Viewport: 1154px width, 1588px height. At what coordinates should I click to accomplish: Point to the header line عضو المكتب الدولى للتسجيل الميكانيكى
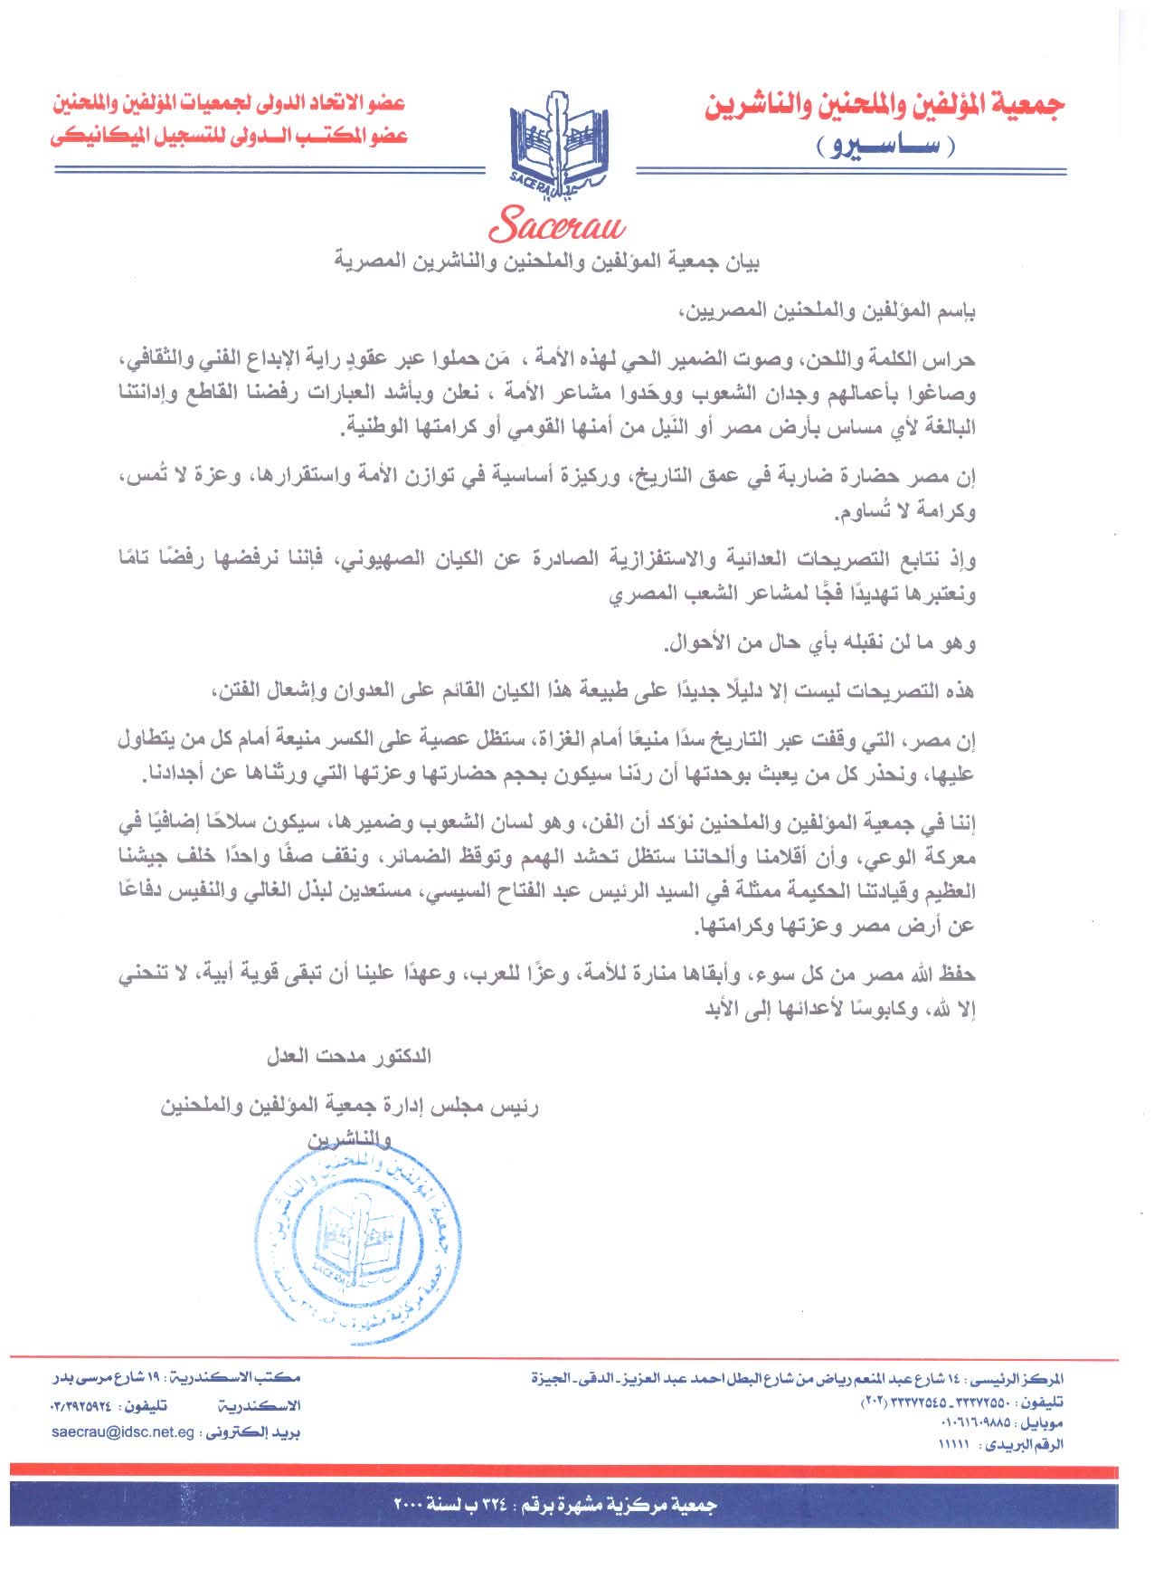coord(229,136)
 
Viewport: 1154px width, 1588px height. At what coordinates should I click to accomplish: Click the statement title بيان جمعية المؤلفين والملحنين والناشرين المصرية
coord(546,263)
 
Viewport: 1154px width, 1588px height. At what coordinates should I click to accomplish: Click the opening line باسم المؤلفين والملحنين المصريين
coord(828,312)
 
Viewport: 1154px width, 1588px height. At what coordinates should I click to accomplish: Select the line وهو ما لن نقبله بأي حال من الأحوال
coord(819,644)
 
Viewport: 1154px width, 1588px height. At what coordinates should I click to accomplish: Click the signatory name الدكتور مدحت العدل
coord(348,1056)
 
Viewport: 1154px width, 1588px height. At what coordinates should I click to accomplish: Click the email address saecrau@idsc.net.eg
coord(123,1432)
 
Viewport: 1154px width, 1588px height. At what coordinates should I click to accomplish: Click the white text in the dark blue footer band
coord(555,1505)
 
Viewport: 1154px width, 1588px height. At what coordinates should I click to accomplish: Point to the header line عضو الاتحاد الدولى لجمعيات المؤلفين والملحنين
coord(229,103)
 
